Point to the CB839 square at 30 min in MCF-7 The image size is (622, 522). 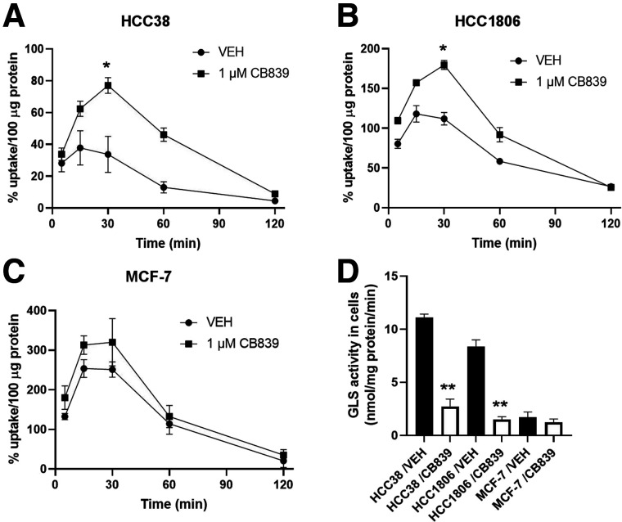107,342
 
